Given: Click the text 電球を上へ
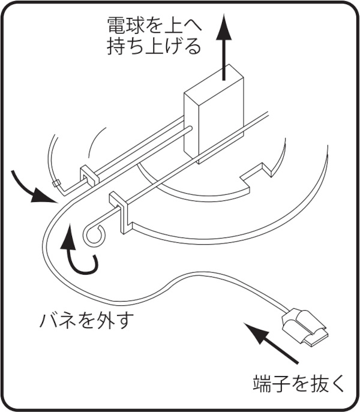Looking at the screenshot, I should [x=153, y=26].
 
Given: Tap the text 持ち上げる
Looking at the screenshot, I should [x=154, y=47].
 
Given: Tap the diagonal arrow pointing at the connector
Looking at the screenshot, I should [x=274, y=342].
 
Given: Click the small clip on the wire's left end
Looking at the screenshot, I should [x=55, y=182].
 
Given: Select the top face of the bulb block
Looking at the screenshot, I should [x=214, y=84].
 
